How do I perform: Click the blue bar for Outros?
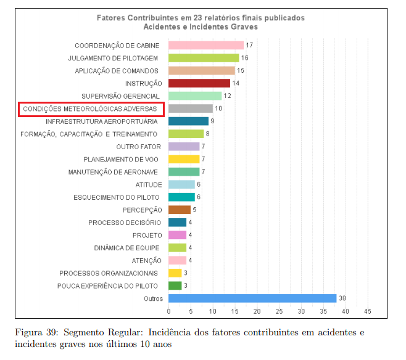tap(252, 298)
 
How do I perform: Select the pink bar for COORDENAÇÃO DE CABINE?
tap(206, 46)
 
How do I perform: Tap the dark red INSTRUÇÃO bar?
tap(199, 83)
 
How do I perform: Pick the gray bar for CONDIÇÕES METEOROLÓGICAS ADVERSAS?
tap(191, 108)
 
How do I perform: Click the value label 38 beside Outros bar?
tap(342, 298)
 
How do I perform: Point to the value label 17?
tap(249, 46)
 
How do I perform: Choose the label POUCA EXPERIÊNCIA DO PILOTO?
tap(108, 286)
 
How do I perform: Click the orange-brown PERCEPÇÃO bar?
tap(180, 210)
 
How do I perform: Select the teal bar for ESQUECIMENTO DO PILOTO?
tap(181, 197)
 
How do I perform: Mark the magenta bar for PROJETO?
tap(177, 235)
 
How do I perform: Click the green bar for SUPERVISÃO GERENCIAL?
tap(195, 96)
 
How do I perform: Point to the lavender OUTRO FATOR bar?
tap(184, 147)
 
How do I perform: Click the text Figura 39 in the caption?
tap(34, 333)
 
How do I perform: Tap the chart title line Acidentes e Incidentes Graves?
tap(201, 27)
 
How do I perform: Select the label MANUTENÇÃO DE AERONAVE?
tap(114, 172)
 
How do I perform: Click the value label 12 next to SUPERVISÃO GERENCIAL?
tap(227, 96)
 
